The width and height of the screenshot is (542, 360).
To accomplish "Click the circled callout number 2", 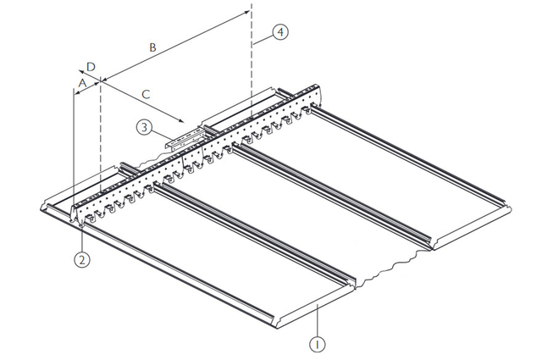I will coord(81,260).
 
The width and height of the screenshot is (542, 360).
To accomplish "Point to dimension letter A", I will coord(82,81).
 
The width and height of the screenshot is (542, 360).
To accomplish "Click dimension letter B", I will coord(152,47).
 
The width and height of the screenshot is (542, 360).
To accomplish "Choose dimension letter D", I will coord(91,66).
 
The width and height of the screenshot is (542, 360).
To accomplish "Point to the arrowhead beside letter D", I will coord(80,72).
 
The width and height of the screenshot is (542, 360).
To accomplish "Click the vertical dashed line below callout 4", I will coord(252,76).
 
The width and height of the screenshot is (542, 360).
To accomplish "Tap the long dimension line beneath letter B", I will coord(169,46).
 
